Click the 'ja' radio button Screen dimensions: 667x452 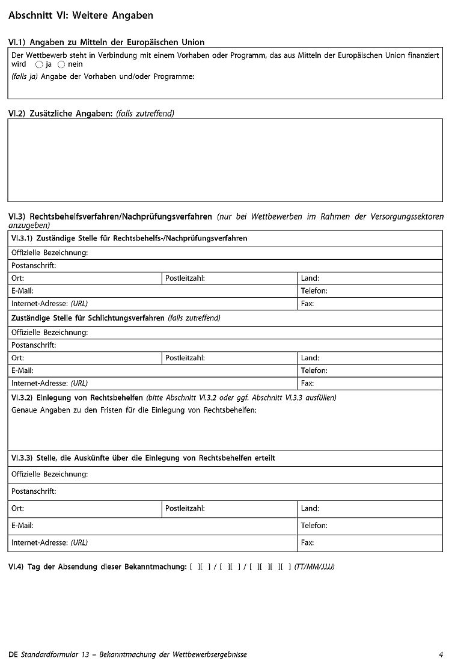pyautogui.click(x=39, y=64)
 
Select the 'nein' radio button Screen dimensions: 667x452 pyautogui.click(x=61, y=64)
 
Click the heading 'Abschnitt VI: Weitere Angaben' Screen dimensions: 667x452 pyautogui.click(x=81, y=16)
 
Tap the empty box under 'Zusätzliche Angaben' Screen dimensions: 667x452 pyautogui.click(x=225, y=159)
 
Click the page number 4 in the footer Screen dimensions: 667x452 pyautogui.click(x=441, y=654)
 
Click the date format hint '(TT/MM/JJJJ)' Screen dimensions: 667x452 pyautogui.click(x=314, y=567)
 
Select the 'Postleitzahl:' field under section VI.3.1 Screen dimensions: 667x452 pyautogui.click(x=230, y=278)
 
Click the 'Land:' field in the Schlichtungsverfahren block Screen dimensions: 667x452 pyautogui.click(x=370, y=358)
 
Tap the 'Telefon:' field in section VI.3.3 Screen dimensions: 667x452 pyautogui.click(x=370, y=526)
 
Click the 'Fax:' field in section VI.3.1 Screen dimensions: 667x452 pyautogui.click(x=370, y=304)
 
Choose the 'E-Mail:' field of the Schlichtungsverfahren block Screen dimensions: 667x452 pyautogui.click(x=153, y=370)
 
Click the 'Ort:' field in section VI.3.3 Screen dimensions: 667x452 pyautogui.click(x=85, y=509)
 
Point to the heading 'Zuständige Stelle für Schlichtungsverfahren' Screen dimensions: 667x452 pyautogui.click(x=88, y=318)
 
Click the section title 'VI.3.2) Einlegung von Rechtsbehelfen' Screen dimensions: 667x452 pyautogui.click(x=77, y=398)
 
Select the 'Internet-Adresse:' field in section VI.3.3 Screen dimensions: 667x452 pyautogui.click(x=153, y=543)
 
